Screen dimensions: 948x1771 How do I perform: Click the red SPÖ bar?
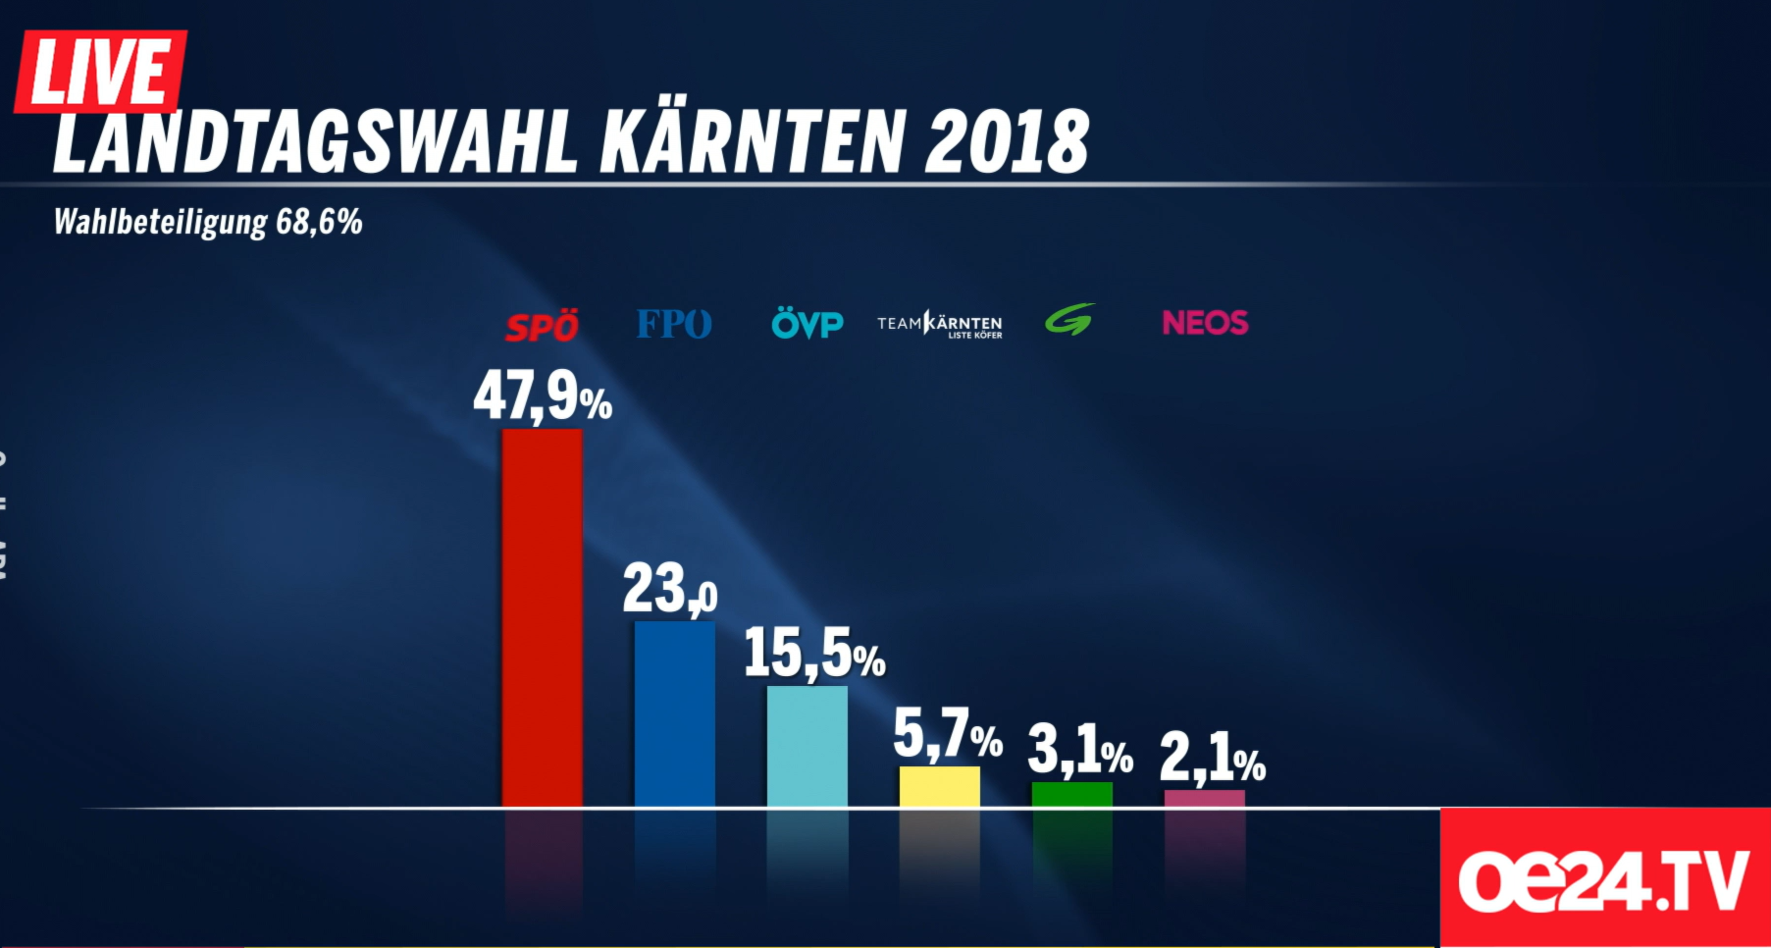point(542,618)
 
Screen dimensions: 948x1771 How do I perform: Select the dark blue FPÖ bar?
point(674,713)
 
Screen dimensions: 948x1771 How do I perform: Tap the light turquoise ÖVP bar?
point(807,746)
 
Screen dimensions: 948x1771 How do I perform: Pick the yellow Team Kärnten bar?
point(939,787)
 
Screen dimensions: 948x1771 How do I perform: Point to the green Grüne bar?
point(1071,795)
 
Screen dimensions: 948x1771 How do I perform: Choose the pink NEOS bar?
point(1204,799)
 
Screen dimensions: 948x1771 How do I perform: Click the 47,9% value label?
point(542,396)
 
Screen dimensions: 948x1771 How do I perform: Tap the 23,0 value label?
point(670,589)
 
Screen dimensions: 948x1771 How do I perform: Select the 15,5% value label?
point(814,654)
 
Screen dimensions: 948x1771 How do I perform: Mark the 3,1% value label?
point(1079,752)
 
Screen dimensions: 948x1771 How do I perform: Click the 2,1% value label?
point(1212,759)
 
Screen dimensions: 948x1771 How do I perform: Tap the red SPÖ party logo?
point(542,326)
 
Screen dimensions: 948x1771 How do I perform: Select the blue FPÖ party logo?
point(674,324)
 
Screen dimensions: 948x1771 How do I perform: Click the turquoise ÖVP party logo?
point(807,324)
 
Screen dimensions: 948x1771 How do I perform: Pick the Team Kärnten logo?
point(939,324)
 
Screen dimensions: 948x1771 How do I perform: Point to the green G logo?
point(1069,320)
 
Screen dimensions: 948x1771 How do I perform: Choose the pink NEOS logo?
point(1205,323)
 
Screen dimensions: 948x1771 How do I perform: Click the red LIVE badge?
point(100,71)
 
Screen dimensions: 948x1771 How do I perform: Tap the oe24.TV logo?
point(1604,878)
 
